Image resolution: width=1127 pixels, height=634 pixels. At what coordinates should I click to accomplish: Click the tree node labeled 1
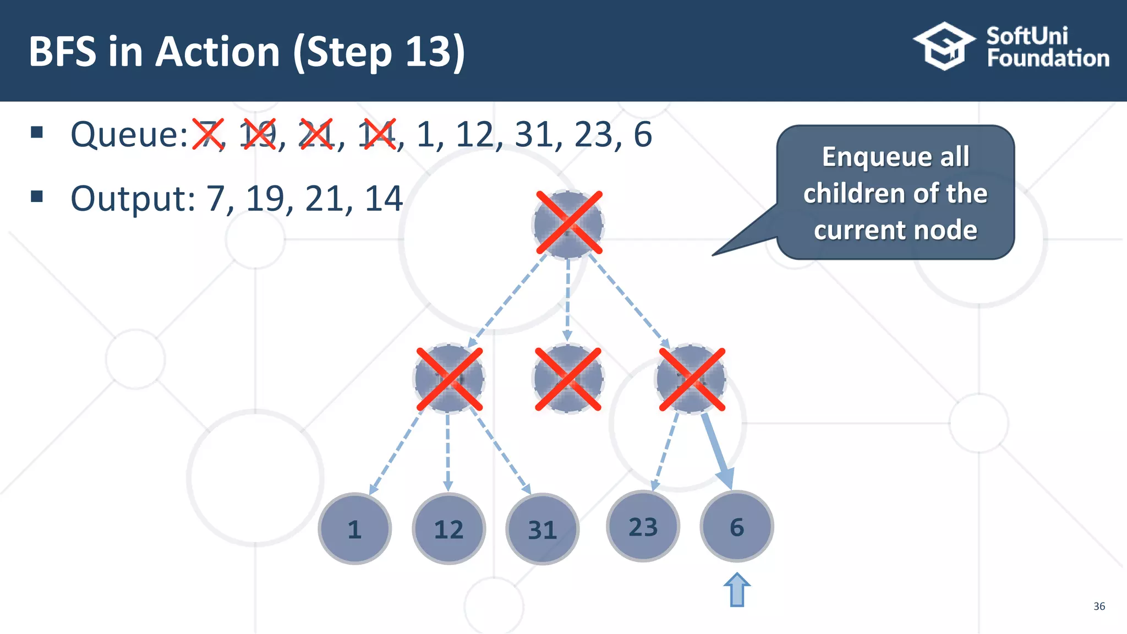click(355, 529)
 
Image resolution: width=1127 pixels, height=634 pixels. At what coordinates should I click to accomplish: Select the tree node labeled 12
click(448, 529)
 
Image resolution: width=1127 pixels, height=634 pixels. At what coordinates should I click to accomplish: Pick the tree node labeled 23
click(643, 527)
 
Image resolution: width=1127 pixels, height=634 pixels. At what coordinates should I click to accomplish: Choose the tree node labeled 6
click(737, 527)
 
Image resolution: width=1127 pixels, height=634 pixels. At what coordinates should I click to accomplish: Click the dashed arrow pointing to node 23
click(665, 451)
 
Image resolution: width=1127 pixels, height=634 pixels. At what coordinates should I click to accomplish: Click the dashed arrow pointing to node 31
click(500, 451)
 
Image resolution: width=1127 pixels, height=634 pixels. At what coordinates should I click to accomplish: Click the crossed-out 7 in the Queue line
click(208, 134)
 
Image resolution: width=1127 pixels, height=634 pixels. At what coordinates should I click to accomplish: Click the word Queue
click(129, 134)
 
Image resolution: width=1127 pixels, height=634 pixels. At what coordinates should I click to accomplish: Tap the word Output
click(132, 199)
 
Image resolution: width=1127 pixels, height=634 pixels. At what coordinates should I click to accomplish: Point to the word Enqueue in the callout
click(895, 157)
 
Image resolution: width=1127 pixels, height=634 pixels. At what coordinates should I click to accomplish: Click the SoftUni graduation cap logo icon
click(943, 46)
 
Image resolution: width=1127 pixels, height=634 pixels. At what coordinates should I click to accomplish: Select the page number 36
click(1099, 606)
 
